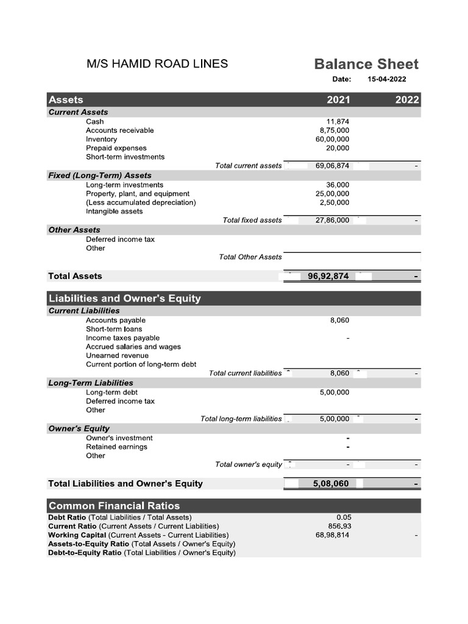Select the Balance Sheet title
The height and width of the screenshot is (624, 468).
click(x=366, y=64)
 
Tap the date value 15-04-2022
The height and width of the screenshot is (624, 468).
click(x=387, y=79)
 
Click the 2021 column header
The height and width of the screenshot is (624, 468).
click(x=338, y=100)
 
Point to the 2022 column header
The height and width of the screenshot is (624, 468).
click(x=407, y=100)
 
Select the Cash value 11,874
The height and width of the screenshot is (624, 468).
click(x=338, y=121)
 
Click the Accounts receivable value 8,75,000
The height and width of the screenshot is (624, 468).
click(x=335, y=130)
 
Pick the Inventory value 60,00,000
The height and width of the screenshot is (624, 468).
click(x=332, y=139)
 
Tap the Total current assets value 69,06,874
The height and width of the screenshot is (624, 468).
click(x=332, y=166)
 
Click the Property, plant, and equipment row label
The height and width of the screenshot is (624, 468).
click(x=137, y=193)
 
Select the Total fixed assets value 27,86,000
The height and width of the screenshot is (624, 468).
click(x=332, y=220)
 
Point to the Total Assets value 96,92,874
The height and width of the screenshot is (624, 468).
click(x=328, y=276)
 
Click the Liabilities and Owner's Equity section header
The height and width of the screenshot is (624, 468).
click(x=124, y=299)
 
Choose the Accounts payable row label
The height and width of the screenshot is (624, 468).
click(x=116, y=320)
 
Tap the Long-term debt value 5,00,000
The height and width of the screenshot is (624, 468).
click(x=335, y=392)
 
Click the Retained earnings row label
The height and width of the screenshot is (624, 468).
click(x=116, y=447)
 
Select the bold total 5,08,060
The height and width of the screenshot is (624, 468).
click(x=330, y=483)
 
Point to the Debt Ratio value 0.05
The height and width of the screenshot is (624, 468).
click(x=344, y=517)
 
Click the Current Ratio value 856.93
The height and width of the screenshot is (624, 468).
click(x=339, y=526)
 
